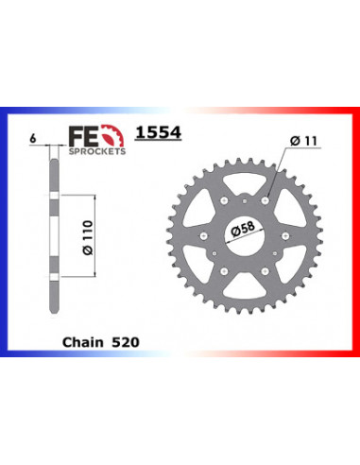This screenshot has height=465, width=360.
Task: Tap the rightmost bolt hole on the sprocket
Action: (287, 230)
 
